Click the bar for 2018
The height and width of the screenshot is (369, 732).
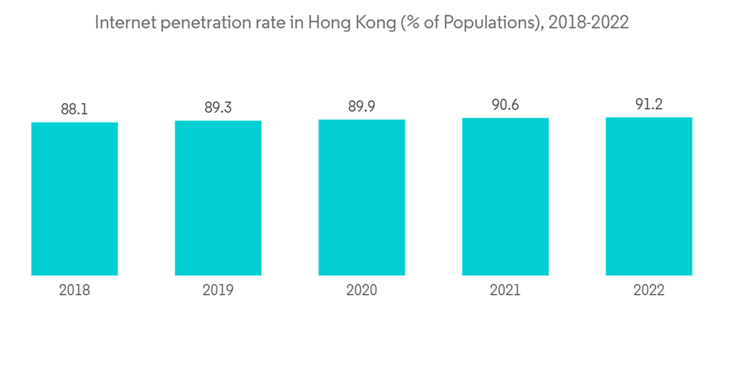(x=75, y=198)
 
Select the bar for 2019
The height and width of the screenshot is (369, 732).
(x=218, y=198)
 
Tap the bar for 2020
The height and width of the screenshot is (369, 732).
(x=362, y=197)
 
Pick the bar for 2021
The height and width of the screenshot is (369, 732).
(x=505, y=196)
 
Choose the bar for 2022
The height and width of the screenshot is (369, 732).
(x=649, y=196)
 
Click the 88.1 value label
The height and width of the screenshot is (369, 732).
(x=75, y=110)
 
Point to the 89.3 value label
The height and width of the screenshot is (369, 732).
(x=218, y=108)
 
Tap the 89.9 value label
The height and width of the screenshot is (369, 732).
(x=362, y=108)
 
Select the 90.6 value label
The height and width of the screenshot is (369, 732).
(x=505, y=105)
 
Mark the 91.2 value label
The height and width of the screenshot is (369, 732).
(x=649, y=105)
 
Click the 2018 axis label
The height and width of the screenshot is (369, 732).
(x=75, y=291)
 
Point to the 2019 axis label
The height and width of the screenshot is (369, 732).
(x=218, y=291)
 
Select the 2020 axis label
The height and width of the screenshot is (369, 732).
(x=362, y=291)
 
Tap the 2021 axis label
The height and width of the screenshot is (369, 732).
(x=505, y=291)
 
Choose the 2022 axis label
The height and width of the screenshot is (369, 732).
(x=649, y=291)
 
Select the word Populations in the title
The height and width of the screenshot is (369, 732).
(x=473, y=23)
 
